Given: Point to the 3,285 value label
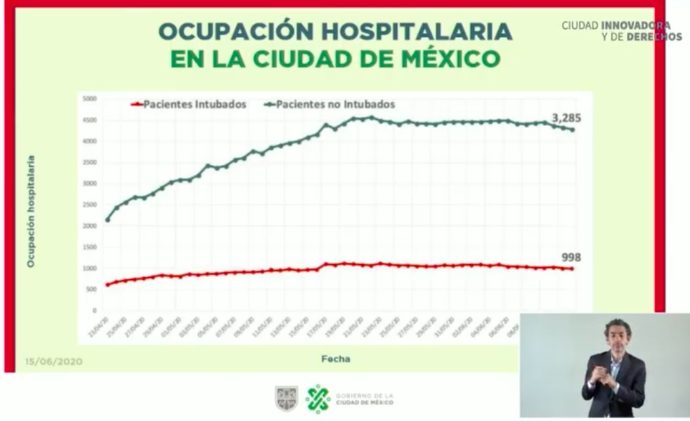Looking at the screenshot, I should click(x=566, y=118).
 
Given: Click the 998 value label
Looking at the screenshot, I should click(x=571, y=257).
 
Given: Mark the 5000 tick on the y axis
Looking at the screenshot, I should click(x=89, y=99).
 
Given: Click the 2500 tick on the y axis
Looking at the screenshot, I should click(x=89, y=205).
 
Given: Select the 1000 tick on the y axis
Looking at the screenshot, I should click(x=89, y=269).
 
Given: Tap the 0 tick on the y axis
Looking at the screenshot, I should click(x=94, y=311).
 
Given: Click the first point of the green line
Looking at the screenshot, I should click(x=108, y=220).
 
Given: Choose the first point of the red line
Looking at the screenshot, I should click(x=108, y=284).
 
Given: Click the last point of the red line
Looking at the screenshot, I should click(x=573, y=269).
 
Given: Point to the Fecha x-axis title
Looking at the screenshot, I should click(x=335, y=359).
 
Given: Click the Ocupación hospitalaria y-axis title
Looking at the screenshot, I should click(x=31, y=210).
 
